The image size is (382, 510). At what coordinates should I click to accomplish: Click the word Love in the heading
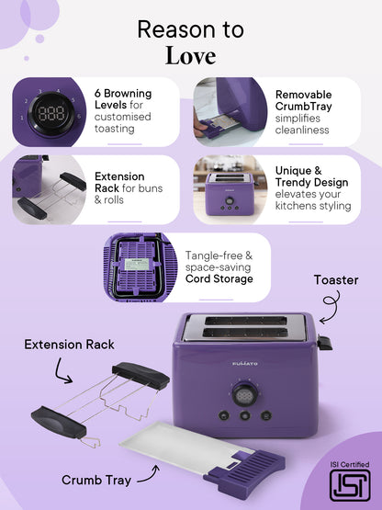(x=190, y=56)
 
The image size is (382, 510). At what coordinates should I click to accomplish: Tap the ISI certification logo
(x=350, y=485)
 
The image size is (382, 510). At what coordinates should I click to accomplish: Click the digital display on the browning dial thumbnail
(x=51, y=114)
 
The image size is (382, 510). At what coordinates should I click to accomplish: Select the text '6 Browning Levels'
(x=123, y=99)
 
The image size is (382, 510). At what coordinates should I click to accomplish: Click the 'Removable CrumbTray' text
(x=304, y=100)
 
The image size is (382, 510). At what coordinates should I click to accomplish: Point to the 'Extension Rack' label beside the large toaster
(x=69, y=345)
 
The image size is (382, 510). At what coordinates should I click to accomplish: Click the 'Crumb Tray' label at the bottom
(x=96, y=480)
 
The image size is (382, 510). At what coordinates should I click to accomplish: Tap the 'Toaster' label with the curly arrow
(x=336, y=280)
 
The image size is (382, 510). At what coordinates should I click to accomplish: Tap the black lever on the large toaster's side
(x=325, y=343)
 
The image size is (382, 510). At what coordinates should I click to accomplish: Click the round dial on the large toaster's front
(x=245, y=394)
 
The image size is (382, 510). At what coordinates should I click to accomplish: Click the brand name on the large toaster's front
(x=245, y=363)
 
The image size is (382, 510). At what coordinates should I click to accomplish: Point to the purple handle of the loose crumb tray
(x=244, y=470)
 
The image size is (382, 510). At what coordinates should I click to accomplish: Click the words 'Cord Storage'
(x=219, y=278)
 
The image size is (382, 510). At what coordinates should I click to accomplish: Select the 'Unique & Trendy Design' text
(x=312, y=176)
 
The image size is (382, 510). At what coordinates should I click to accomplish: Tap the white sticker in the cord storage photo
(x=137, y=265)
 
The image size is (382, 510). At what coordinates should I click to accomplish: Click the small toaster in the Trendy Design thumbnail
(x=230, y=194)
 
